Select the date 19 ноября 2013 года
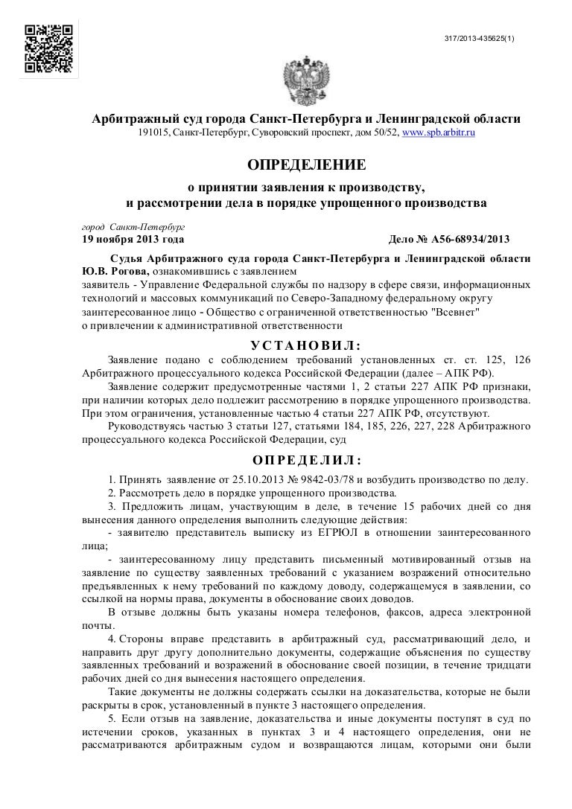point(129,240)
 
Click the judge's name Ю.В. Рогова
point(107,271)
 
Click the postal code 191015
point(153,132)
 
